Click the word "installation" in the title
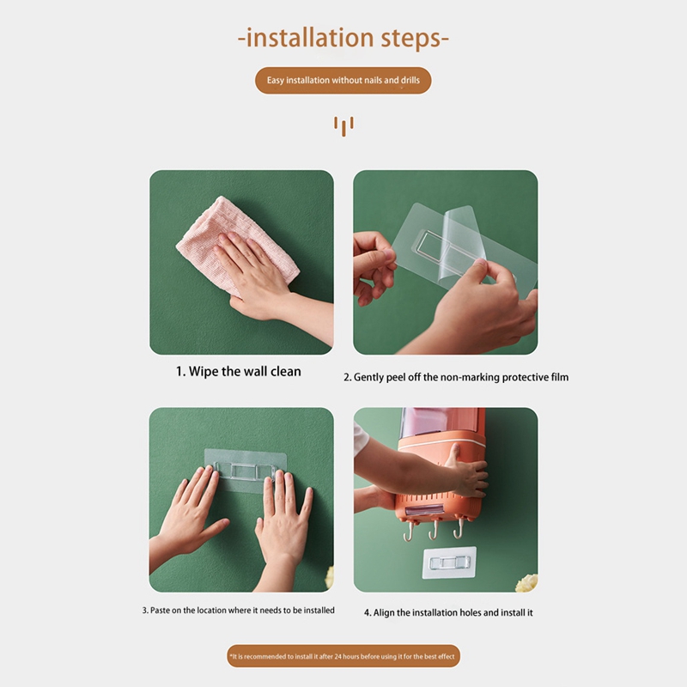[309, 37]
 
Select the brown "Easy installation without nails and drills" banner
[343, 80]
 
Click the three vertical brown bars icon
[343, 126]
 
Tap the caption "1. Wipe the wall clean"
[239, 372]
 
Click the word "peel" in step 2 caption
[396, 378]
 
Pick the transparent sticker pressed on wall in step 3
[246, 470]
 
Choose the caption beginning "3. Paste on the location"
[239, 611]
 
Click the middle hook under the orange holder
[434, 530]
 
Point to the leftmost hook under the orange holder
[408, 532]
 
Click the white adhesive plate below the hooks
[449, 562]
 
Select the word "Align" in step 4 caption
[384, 613]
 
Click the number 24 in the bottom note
[338, 656]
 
